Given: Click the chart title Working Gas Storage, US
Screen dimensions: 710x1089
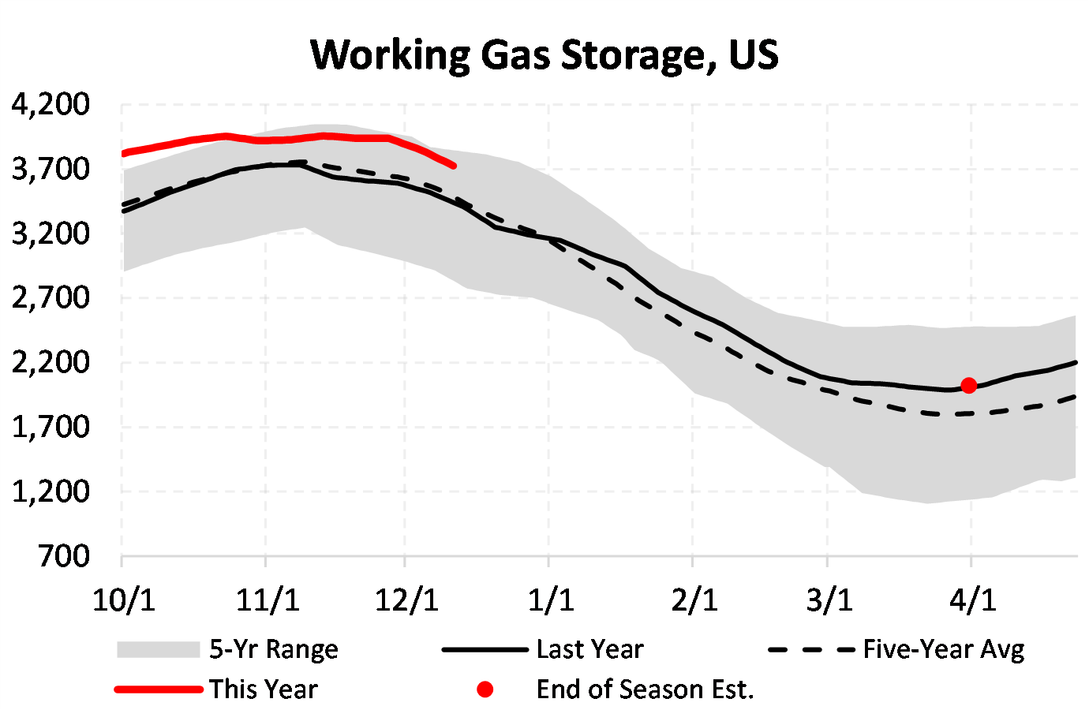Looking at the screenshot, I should point(544,55).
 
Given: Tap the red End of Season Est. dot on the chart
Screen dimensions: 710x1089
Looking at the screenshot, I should point(969,385).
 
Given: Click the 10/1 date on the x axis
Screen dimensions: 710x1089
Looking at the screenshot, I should point(124,600).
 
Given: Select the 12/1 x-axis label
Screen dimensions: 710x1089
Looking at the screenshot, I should point(406,600).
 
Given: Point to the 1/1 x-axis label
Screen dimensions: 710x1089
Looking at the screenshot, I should point(550,600).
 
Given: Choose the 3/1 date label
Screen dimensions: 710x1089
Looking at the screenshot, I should point(829,600).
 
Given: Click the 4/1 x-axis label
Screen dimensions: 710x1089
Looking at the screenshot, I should point(972,600).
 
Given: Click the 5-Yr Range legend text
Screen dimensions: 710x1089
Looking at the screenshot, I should point(273,649).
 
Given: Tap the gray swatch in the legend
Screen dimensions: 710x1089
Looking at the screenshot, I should point(158,649).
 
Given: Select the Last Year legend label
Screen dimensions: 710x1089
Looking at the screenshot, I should point(589,649).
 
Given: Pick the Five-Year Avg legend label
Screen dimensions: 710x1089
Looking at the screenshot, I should point(944,649).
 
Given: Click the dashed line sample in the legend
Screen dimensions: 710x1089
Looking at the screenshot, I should point(811,650).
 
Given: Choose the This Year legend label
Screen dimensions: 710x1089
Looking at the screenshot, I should point(263,689).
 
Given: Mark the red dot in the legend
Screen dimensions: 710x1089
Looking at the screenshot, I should point(485,689).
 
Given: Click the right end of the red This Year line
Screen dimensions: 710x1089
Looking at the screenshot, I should point(454,166).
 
